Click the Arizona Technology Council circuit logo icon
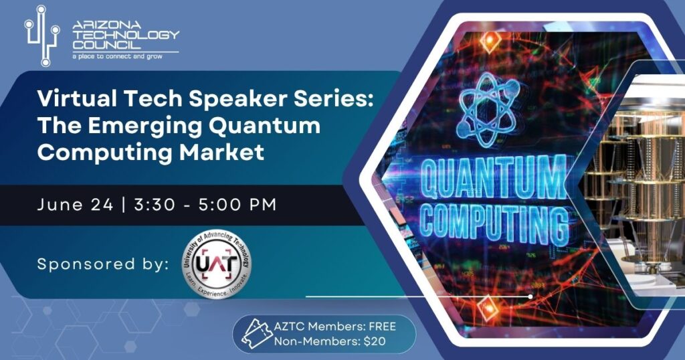(x=42, y=36)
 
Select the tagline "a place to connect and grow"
(x=117, y=56)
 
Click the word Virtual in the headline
(x=77, y=99)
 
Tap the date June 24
(x=75, y=205)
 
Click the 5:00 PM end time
(x=237, y=205)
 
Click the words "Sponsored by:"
(x=102, y=264)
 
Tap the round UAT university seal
(x=217, y=264)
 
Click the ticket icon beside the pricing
(x=258, y=333)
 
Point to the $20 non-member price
(x=375, y=341)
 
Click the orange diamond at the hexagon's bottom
(x=488, y=306)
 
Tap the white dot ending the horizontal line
(x=530, y=296)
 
